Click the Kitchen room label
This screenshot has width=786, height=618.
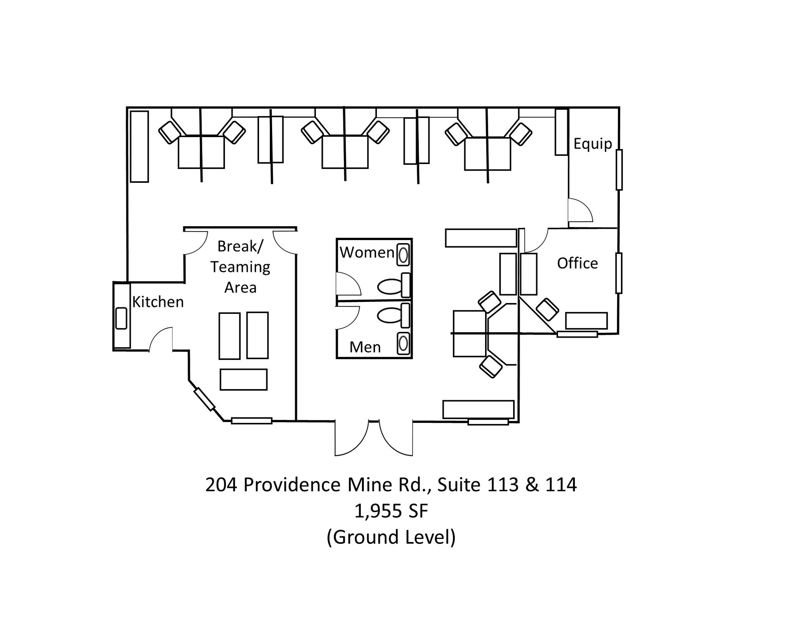(x=158, y=302)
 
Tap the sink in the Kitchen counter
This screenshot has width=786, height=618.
(x=121, y=318)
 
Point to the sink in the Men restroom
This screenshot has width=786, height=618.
(x=403, y=344)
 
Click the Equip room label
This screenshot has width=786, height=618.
(x=593, y=144)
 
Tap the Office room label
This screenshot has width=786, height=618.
(x=577, y=263)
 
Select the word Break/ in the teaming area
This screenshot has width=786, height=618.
(x=240, y=246)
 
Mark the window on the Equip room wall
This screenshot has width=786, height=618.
(x=619, y=169)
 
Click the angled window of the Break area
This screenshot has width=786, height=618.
(x=204, y=399)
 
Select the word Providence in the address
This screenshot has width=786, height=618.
(x=292, y=485)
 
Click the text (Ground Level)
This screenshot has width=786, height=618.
(x=391, y=537)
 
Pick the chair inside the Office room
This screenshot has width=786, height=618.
(x=547, y=310)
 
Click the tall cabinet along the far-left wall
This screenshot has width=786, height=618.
(x=139, y=146)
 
